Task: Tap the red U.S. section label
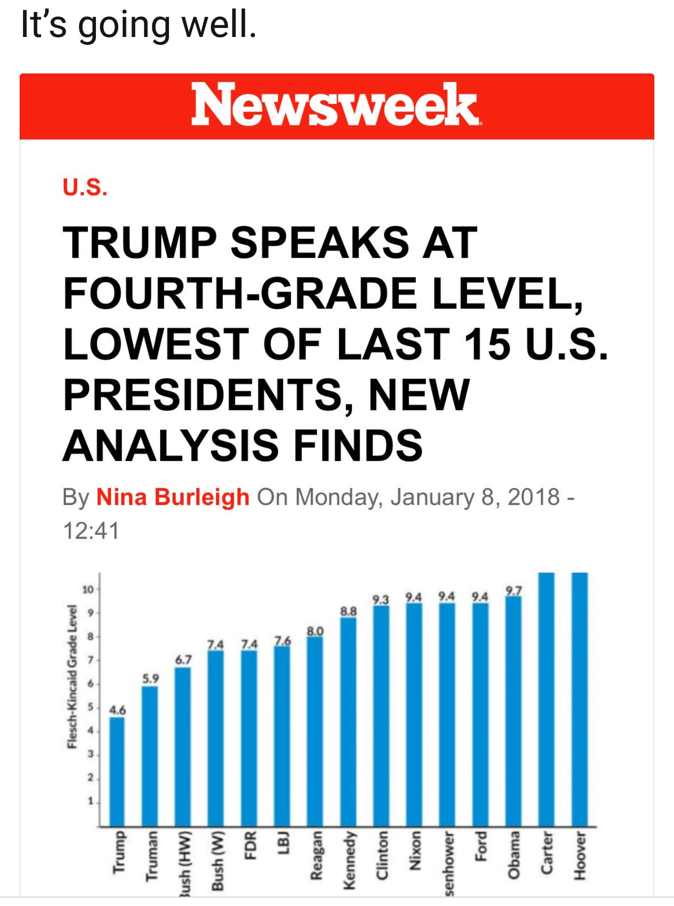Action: pos(85,187)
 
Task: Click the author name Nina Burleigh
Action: pos(173,497)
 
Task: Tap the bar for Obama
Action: pos(513,711)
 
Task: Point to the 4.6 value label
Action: pos(117,710)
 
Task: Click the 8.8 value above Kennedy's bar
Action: pos(348,611)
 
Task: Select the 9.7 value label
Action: pos(513,591)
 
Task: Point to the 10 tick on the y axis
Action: pos(88,590)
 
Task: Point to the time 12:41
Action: pos(91,531)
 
